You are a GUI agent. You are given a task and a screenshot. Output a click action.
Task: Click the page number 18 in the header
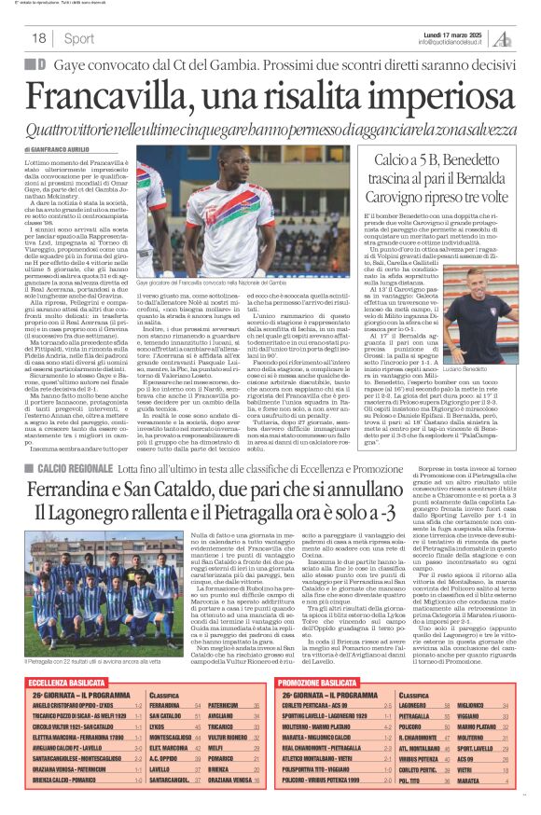pyautogui.click(x=38, y=38)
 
